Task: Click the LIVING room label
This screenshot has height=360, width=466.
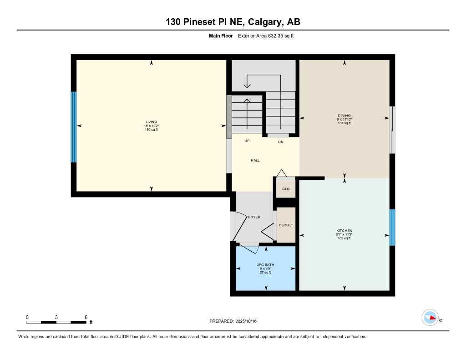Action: point(152,122)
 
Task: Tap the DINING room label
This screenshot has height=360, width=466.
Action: point(344,116)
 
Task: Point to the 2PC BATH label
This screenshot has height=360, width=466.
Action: point(266,265)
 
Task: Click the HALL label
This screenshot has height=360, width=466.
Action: point(255,160)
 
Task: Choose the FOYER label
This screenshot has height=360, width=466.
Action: point(254,217)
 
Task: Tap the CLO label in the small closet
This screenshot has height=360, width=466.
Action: point(286,189)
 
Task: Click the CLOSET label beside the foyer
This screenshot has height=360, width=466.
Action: point(286,225)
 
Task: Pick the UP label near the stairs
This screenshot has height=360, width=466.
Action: point(247,141)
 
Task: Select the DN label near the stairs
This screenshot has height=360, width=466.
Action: point(281,142)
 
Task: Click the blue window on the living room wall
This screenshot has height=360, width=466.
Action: point(73,127)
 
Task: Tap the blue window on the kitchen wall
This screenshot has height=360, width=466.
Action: point(392,227)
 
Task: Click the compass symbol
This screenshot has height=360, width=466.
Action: point(430,318)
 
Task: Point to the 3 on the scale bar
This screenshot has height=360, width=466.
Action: point(56,317)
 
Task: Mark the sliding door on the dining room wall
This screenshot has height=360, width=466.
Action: point(393,130)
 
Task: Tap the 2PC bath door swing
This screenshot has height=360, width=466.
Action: point(249,248)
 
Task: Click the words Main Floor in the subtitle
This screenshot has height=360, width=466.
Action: point(221,35)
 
